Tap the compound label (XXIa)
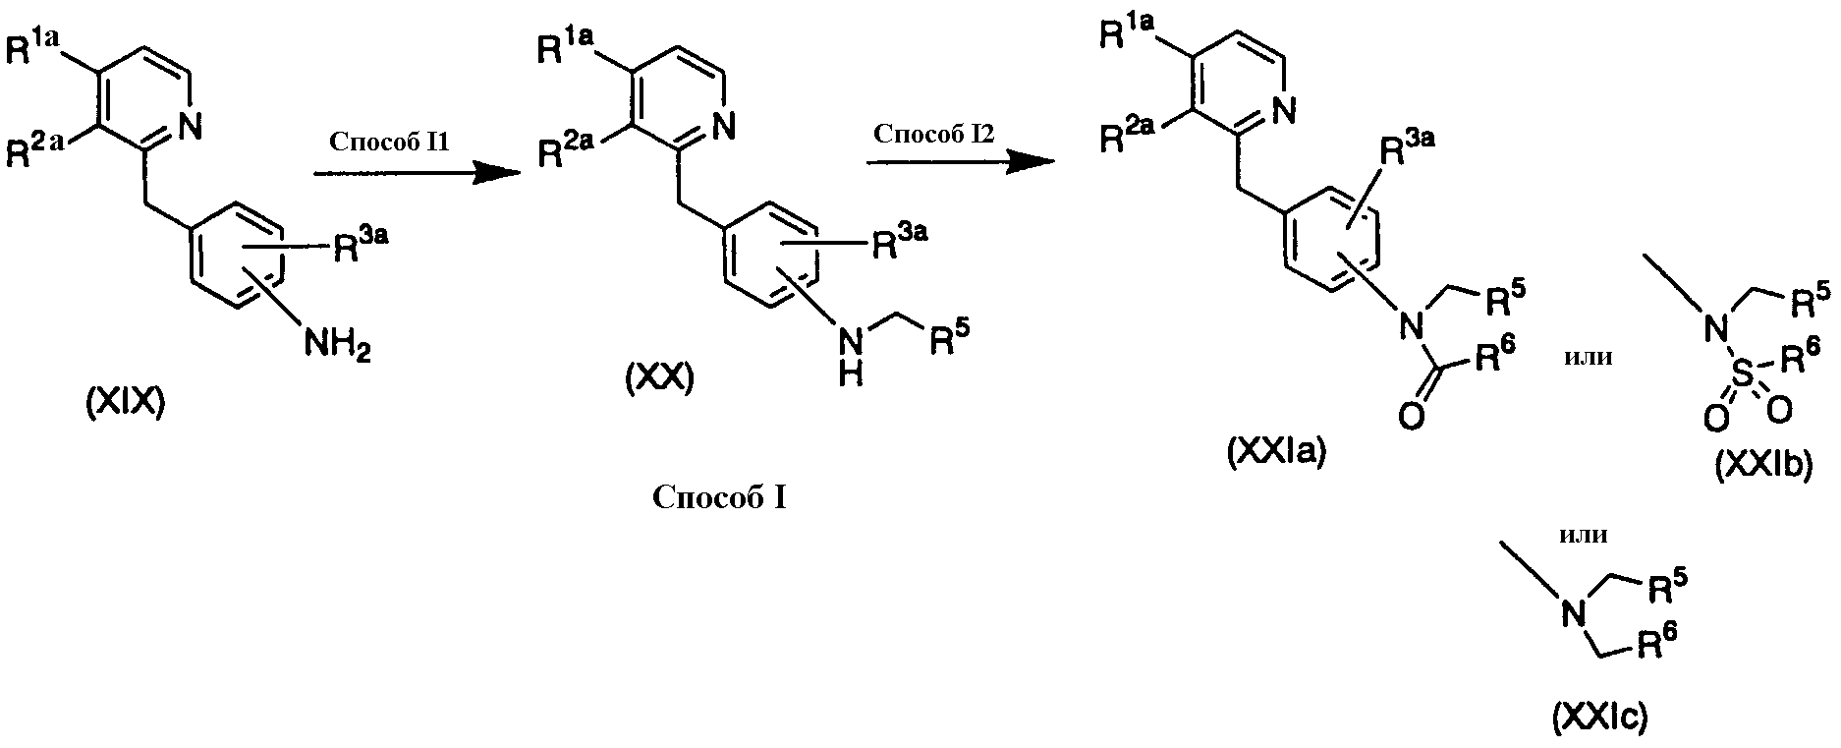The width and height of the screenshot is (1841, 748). click(1276, 451)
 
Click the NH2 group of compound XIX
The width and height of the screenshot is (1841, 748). click(337, 345)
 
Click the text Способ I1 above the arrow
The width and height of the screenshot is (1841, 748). click(390, 142)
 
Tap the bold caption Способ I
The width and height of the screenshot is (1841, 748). click(719, 498)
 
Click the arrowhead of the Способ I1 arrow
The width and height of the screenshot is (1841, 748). click(496, 174)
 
